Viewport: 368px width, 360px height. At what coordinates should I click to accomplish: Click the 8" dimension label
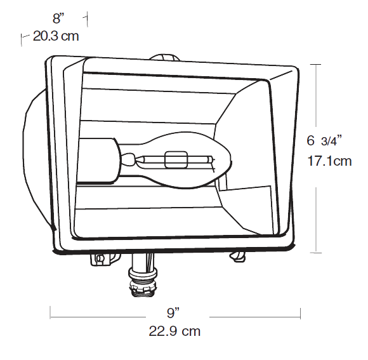tap(58, 18)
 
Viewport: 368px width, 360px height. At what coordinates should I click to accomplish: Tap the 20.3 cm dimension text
tap(56, 36)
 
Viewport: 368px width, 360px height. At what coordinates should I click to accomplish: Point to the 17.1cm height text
tap(329, 161)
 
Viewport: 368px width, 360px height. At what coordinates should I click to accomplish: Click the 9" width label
tap(173, 313)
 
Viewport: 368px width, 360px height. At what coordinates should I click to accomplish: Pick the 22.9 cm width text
tap(174, 331)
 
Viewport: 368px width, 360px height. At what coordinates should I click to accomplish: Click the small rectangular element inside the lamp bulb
tap(176, 160)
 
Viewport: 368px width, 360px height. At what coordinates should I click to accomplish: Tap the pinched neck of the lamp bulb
tap(129, 159)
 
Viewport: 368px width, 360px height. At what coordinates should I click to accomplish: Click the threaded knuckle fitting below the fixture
tap(143, 283)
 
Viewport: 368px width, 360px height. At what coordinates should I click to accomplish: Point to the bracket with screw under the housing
tap(105, 259)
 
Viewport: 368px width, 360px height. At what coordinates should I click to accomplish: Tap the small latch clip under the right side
tap(237, 257)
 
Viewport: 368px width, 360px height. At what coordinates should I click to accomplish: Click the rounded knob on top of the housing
tap(165, 58)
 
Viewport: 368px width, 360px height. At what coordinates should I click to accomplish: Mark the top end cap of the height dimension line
tap(316, 64)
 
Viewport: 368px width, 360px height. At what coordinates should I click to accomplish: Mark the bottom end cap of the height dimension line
tap(316, 253)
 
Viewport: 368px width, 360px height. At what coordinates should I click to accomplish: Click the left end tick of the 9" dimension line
tap(50, 312)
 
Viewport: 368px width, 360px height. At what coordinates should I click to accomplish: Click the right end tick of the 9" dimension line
tap(300, 313)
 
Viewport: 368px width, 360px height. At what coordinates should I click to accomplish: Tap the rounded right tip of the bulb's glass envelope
tap(231, 160)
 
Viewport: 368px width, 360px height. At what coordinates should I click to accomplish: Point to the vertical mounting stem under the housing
tap(143, 262)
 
